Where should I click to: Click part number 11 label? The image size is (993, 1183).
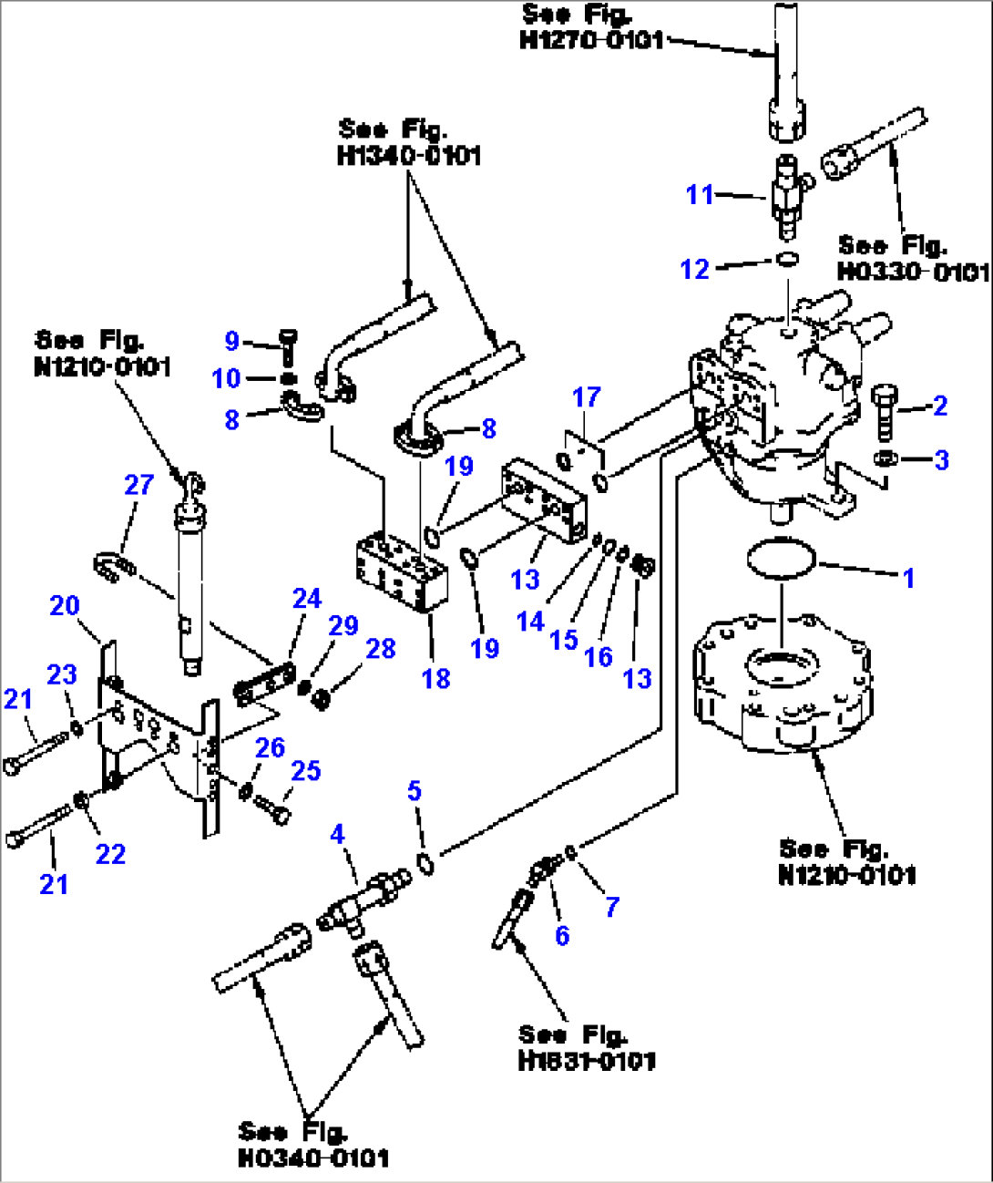click(699, 194)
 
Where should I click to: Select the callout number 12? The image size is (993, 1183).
click(694, 269)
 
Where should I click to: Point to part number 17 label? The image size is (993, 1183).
click(586, 396)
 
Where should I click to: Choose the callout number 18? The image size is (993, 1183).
click(435, 678)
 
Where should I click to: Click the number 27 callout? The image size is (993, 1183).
click(138, 484)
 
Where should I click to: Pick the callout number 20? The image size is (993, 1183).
click(65, 605)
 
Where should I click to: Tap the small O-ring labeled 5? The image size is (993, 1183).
click(425, 861)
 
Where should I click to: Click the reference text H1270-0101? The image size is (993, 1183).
click(591, 40)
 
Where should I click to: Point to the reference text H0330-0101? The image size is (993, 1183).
click(912, 272)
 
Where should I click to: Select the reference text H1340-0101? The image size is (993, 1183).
click(409, 156)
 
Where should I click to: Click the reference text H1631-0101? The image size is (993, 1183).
click(586, 1060)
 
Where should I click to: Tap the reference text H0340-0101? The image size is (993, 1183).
click(312, 1157)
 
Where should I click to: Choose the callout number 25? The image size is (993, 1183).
click(305, 771)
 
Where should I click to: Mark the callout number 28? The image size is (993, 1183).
click(380, 648)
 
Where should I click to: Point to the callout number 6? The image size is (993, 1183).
click(562, 935)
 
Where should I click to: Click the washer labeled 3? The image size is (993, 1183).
click(883, 458)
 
